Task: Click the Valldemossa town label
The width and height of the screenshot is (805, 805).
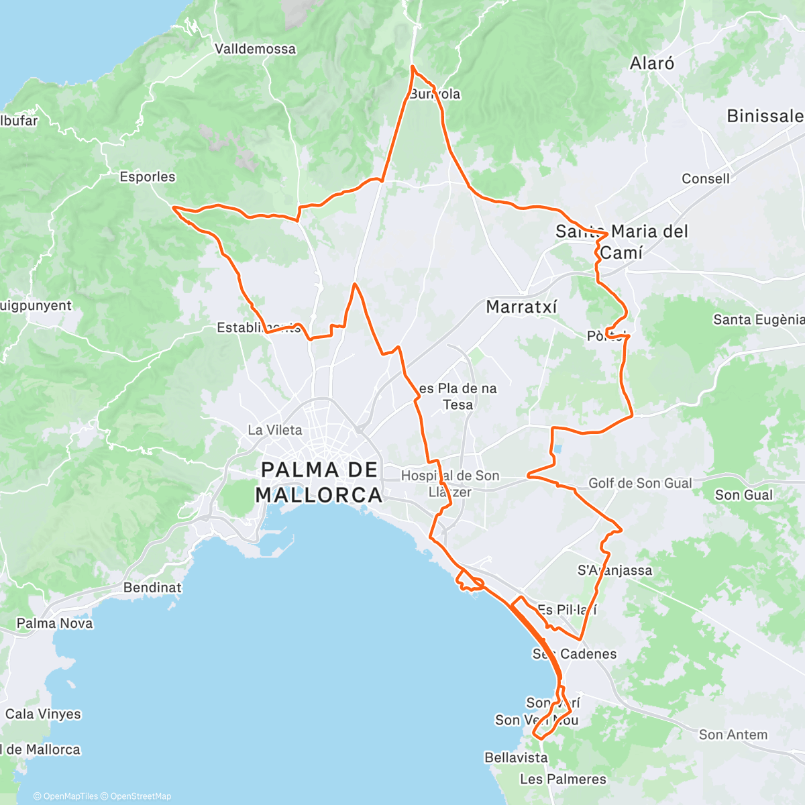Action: pyautogui.click(x=255, y=49)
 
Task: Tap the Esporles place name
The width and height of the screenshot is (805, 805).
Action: pyautogui.click(x=148, y=177)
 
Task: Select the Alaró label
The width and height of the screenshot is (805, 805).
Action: pyautogui.click(x=652, y=64)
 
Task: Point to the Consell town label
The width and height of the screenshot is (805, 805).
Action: pyautogui.click(x=706, y=178)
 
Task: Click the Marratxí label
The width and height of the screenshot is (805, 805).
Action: pyautogui.click(x=521, y=307)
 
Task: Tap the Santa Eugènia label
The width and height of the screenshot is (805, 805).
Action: pyautogui.click(x=758, y=320)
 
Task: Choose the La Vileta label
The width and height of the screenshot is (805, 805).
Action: pyautogui.click(x=275, y=430)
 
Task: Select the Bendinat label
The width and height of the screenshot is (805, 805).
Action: pyautogui.click(x=152, y=588)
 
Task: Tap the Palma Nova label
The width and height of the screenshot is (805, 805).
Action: pyautogui.click(x=55, y=623)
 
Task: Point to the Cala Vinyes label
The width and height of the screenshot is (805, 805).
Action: pyautogui.click(x=43, y=714)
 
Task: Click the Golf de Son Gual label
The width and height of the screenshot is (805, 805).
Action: pyautogui.click(x=640, y=483)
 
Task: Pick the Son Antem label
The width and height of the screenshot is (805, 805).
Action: pyautogui.click(x=733, y=735)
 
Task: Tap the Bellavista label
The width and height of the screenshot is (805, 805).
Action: pyautogui.click(x=516, y=757)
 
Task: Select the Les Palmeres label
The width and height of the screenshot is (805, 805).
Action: pyautogui.click(x=563, y=779)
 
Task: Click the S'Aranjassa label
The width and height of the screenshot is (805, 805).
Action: pyautogui.click(x=614, y=571)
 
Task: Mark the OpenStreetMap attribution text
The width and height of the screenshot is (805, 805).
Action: pyautogui.click(x=141, y=796)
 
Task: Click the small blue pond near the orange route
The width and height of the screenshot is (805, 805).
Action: pyautogui.click(x=558, y=449)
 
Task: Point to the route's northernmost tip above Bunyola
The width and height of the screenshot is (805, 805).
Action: pyautogui.click(x=412, y=66)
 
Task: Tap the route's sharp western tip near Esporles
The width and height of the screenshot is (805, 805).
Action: pyautogui.click(x=174, y=208)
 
